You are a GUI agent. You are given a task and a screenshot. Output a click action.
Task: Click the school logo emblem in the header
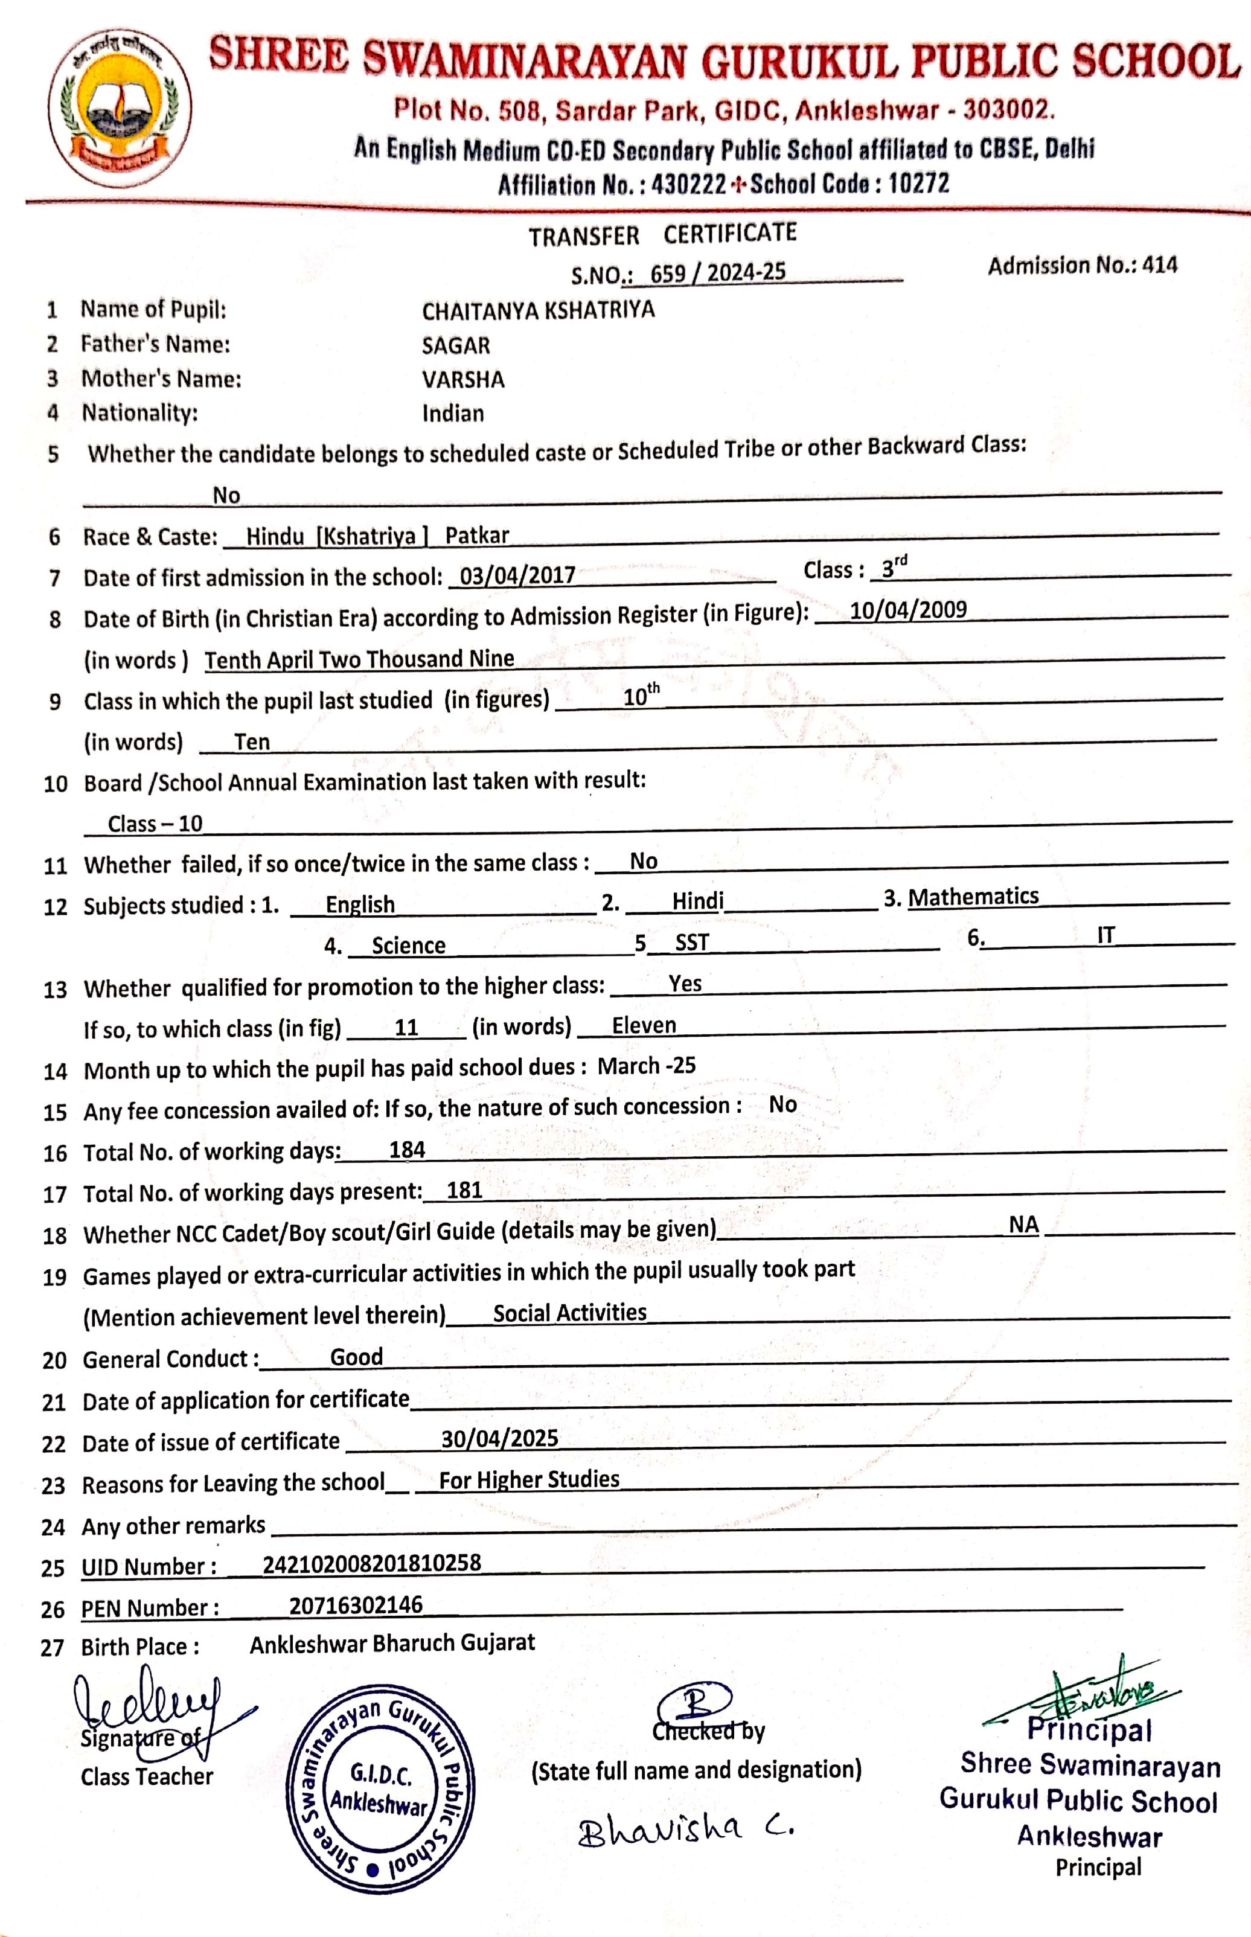[x=120, y=107]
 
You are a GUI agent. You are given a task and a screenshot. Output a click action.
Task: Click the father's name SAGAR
[x=456, y=345]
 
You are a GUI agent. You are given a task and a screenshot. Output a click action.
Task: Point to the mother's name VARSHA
[x=463, y=379]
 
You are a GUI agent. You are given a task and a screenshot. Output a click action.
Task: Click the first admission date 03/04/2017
[x=517, y=576]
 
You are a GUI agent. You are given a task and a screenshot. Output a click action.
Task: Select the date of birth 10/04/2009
[x=908, y=610]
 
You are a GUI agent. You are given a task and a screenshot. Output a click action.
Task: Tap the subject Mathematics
[x=973, y=897]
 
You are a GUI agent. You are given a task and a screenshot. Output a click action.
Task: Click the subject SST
[x=692, y=942]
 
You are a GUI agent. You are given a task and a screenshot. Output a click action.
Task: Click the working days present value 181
[x=465, y=1190]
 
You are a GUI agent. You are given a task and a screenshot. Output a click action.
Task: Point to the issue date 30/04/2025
[x=499, y=1438]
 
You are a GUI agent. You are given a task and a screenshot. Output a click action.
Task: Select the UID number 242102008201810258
[x=372, y=1563]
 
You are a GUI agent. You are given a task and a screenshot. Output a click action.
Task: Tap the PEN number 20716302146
[x=356, y=1605]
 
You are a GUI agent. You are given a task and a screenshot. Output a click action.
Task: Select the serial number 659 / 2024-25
[x=718, y=272]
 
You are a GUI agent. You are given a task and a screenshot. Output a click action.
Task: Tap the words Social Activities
[x=569, y=1313]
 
